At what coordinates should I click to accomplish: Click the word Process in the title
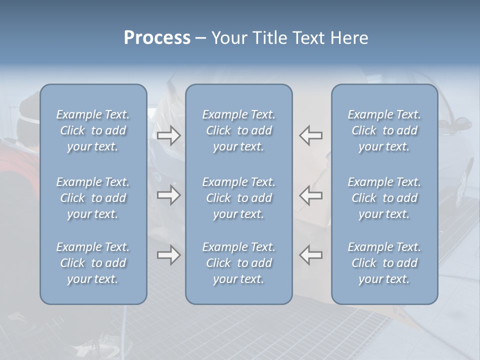tap(157, 38)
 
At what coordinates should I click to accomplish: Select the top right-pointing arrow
tap(168, 135)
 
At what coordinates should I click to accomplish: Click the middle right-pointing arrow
tap(168, 195)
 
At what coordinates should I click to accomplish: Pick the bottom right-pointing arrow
tap(168, 255)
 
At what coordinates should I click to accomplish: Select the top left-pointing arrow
tap(311, 135)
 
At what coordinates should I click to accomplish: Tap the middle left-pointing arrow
tap(311, 195)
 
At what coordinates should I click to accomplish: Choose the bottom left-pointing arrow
tap(311, 255)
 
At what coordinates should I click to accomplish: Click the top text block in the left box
tap(93, 130)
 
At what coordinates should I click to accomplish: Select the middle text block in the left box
tap(93, 198)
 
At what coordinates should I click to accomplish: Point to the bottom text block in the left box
tap(93, 263)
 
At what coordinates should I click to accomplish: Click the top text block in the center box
tap(238, 130)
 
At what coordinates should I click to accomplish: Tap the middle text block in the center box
tap(238, 198)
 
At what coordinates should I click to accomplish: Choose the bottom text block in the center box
tap(238, 263)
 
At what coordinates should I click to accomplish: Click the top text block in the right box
tap(384, 130)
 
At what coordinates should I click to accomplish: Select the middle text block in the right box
tap(384, 198)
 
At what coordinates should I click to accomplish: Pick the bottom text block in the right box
tap(384, 263)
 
